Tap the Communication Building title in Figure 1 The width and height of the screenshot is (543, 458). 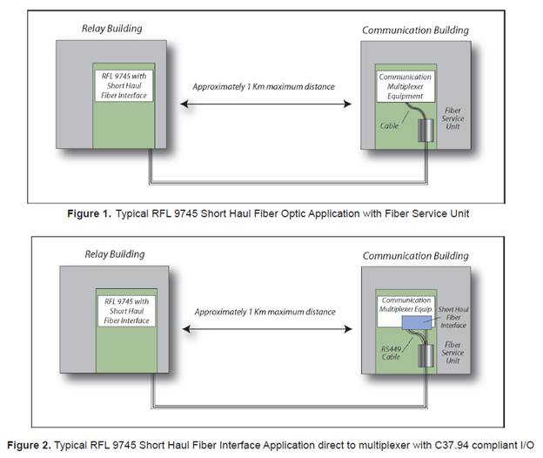(x=415, y=30)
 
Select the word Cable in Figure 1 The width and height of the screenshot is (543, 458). (x=391, y=125)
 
